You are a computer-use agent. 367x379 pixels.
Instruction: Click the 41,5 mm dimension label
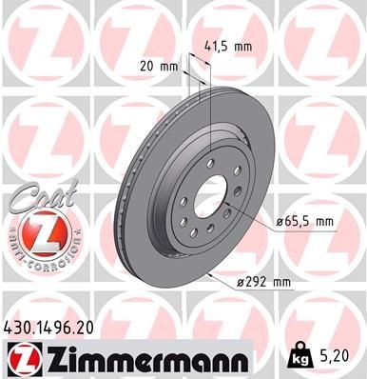[x=228, y=44]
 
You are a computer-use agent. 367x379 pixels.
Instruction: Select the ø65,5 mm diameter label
[x=305, y=221]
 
